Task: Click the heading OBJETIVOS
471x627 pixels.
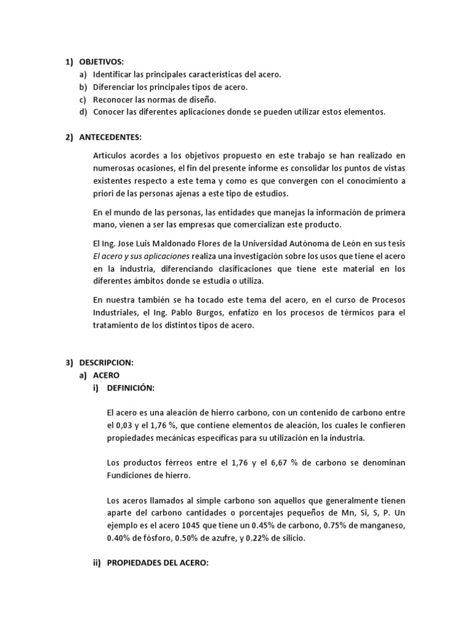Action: tap(101, 62)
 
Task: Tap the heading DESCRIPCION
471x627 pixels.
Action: tap(106, 362)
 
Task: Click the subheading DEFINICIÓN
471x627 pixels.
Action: tap(131, 388)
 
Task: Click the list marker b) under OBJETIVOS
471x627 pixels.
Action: tap(83, 87)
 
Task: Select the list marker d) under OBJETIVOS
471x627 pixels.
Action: tap(83, 111)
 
